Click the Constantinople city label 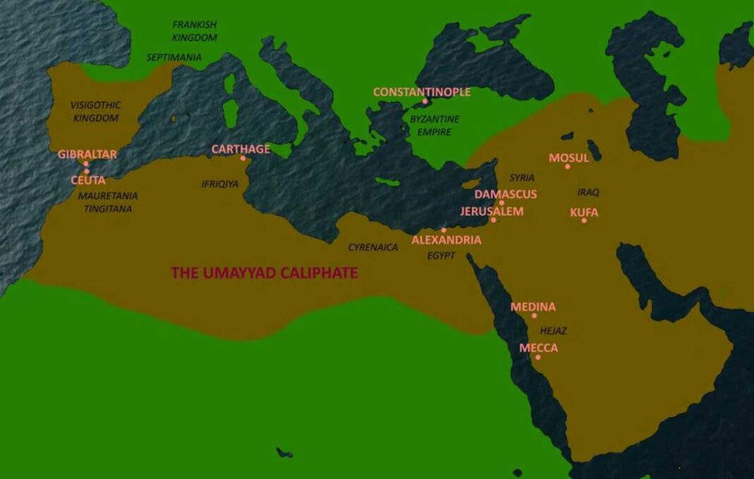click(421, 92)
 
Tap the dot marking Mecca click(538, 357)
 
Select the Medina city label click(533, 307)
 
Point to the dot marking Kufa click(584, 221)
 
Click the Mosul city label click(569, 158)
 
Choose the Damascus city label click(505, 194)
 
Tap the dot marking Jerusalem click(493, 220)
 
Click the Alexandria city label click(446, 240)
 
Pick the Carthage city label click(241, 149)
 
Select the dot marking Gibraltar click(86, 164)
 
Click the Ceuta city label click(88, 180)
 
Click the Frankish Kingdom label click(194, 31)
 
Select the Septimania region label click(174, 57)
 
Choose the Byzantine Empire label click(434, 125)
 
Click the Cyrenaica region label click(373, 248)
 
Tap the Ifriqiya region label click(220, 184)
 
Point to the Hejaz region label click(553, 330)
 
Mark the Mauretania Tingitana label click(108, 202)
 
